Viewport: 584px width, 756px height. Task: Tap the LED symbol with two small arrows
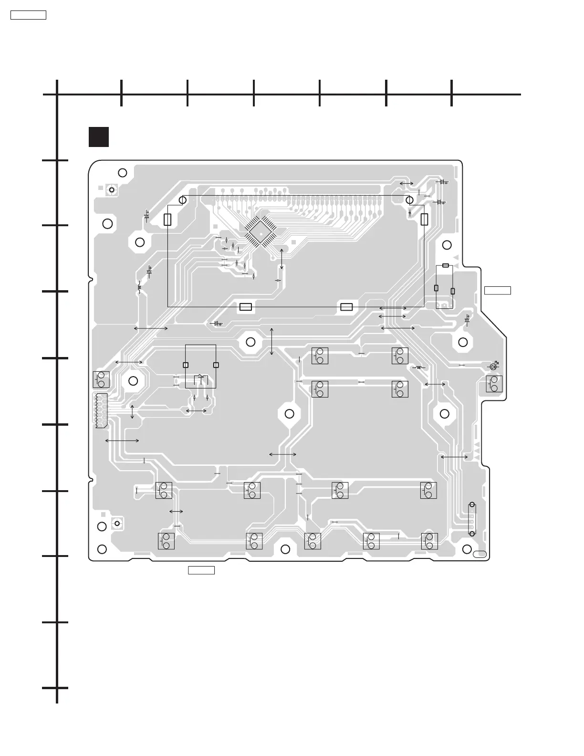click(494, 366)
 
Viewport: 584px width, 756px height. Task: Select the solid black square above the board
click(99, 137)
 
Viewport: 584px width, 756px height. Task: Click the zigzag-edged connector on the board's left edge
click(101, 411)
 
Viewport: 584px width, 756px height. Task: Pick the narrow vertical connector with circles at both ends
click(472, 519)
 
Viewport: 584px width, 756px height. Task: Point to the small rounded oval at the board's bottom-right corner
click(480, 554)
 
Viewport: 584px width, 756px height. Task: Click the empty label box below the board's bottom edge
click(201, 570)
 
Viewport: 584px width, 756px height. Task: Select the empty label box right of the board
click(498, 290)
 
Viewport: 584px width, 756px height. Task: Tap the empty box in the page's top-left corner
click(28, 15)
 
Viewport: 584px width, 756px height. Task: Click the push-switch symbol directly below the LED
click(494, 384)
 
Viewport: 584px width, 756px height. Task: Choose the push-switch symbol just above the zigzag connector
click(101, 379)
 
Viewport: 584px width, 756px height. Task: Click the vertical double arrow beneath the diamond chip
click(282, 259)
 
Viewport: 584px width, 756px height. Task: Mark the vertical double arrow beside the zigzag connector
click(132, 411)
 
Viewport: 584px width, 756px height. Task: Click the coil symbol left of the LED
click(418, 367)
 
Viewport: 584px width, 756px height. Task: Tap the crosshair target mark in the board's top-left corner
click(112, 190)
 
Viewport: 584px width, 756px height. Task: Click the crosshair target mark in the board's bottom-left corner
click(115, 524)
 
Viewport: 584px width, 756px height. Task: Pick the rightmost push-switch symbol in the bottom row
click(429, 541)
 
